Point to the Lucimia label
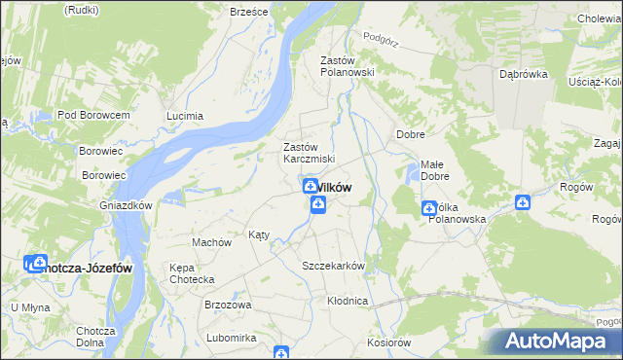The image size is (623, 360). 185,116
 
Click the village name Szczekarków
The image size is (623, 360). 333,266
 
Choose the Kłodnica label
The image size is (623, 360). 348,301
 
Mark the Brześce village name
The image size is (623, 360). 248,12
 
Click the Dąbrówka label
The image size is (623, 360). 523,73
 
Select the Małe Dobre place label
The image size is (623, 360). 434,170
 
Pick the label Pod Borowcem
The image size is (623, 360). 93,115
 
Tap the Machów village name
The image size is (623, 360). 211,242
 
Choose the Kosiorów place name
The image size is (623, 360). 389,342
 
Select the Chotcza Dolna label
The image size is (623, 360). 96,337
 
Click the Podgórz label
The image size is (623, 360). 383,37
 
